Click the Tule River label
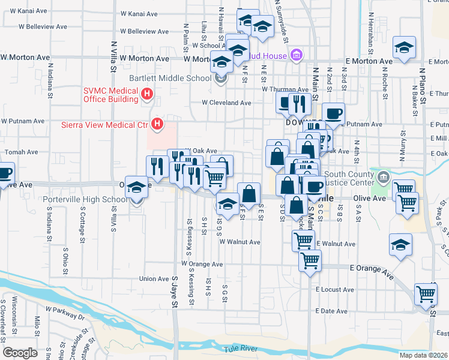pos(240,349)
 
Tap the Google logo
pos(20,353)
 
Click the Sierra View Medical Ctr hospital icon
pos(157,125)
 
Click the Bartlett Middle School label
pos(170,78)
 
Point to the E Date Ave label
pos(331,311)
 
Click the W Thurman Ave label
pos(285,89)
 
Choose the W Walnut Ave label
pos(240,242)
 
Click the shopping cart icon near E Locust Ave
pos(426,293)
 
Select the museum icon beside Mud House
pos(295,56)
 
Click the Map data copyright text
pos(424,355)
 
